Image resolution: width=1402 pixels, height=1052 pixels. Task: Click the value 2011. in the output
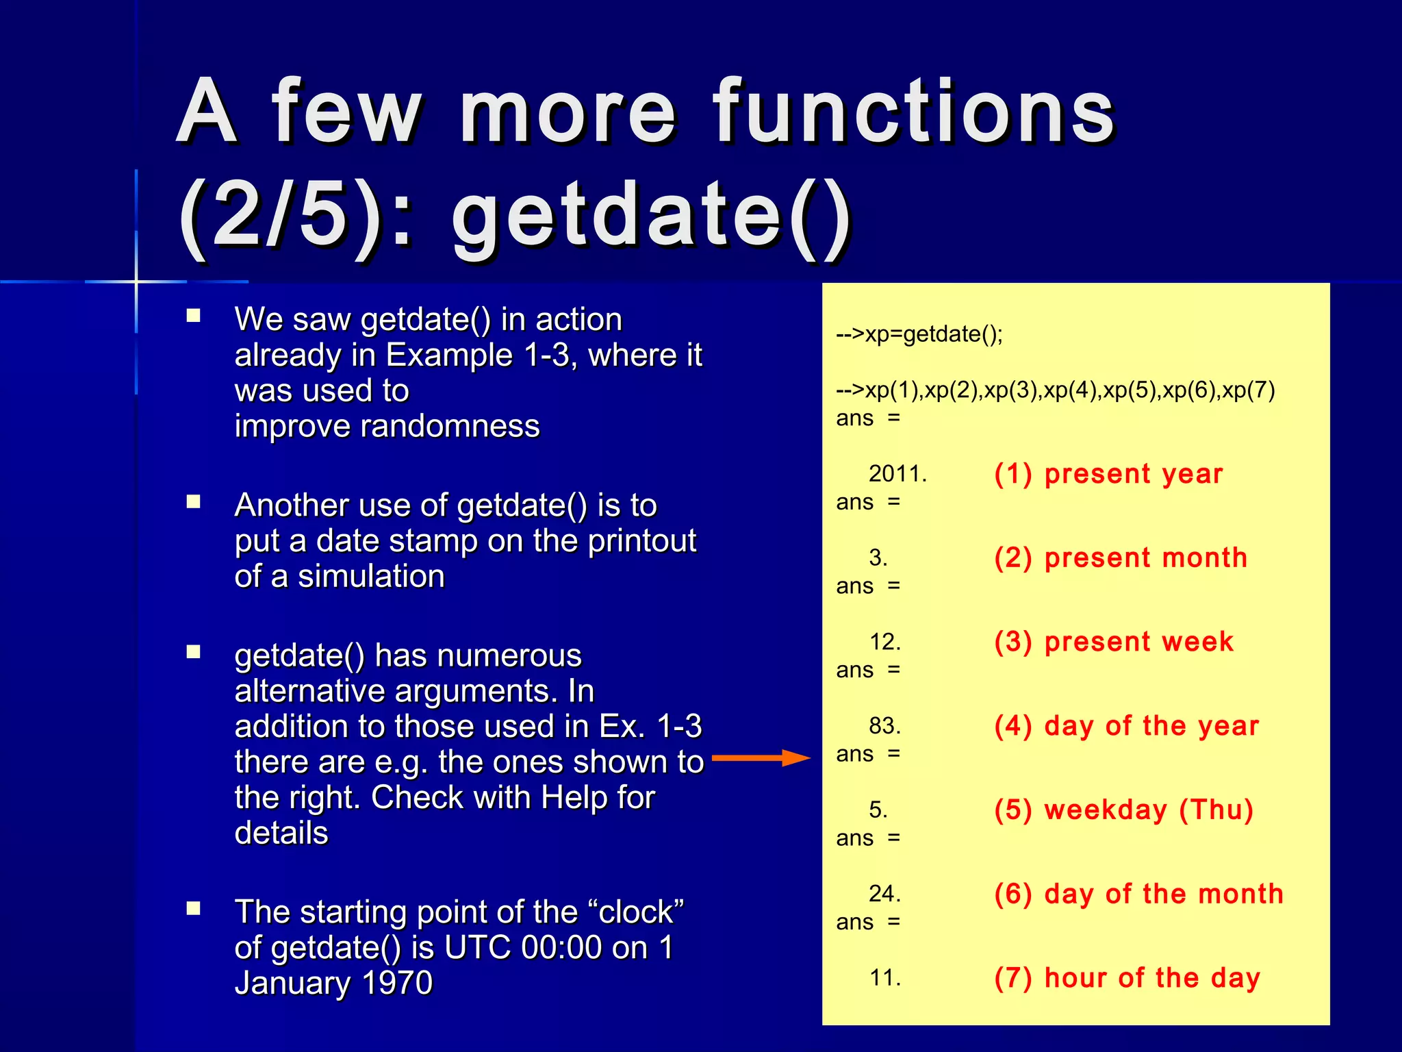pos(897,474)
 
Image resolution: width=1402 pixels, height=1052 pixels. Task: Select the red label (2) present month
pos(1121,558)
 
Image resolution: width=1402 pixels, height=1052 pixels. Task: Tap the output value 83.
pos(884,726)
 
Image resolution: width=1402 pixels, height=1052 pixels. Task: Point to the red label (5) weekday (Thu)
pos(1123,810)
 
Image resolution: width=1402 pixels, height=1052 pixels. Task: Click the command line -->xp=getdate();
pos(919,334)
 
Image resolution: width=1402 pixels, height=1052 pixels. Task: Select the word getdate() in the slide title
pos(650,218)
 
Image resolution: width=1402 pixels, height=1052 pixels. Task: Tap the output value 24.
pos(884,894)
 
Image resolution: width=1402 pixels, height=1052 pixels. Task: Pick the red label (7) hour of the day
pos(1127,978)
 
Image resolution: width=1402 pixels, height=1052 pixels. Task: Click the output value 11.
pos(884,978)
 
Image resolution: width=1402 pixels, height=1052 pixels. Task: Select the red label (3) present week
pos(1114,642)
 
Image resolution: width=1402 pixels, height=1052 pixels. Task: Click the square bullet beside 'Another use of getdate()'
pos(194,502)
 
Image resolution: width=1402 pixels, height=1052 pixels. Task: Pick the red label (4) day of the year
pos(1126,726)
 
